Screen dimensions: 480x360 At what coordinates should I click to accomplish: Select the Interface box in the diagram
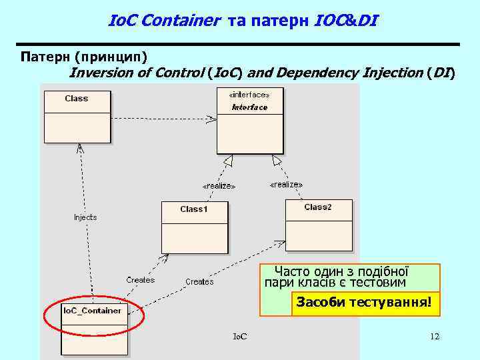[x=249, y=119]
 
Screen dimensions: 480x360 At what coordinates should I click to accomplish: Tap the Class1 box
[x=194, y=227]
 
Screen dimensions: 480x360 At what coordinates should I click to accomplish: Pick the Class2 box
[x=318, y=225]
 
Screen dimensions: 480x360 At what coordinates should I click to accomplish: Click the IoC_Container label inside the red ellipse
[x=92, y=311]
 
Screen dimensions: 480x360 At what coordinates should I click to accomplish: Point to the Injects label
[x=85, y=217]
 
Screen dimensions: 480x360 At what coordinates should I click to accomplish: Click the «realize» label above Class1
[x=219, y=186]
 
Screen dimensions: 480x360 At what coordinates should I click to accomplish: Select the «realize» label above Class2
[x=286, y=184]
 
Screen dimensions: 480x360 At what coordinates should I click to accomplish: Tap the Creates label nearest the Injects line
[x=141, y=280]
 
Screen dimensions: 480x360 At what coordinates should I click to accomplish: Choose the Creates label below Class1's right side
[x=199, y=282]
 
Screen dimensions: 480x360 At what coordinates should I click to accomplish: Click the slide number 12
[x=435, y=337]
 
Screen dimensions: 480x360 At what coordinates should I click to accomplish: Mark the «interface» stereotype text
[x=249, y=95]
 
